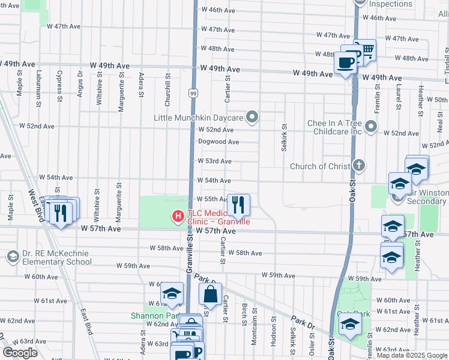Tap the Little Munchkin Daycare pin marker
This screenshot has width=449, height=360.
coord(253,117)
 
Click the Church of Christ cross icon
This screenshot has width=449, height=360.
coord(359,165)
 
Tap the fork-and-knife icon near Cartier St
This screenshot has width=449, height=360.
coord(238,206)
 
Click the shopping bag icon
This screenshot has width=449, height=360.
coord(210,295)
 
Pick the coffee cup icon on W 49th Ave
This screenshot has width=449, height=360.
coord(346,62)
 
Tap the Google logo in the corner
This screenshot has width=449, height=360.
coord(20,353)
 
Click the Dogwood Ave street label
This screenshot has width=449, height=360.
coord(218,142)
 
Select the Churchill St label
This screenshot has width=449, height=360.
coord(168,85)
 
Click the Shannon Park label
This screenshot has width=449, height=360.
coord(154,316)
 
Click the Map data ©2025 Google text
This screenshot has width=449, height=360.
coord(411,355)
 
